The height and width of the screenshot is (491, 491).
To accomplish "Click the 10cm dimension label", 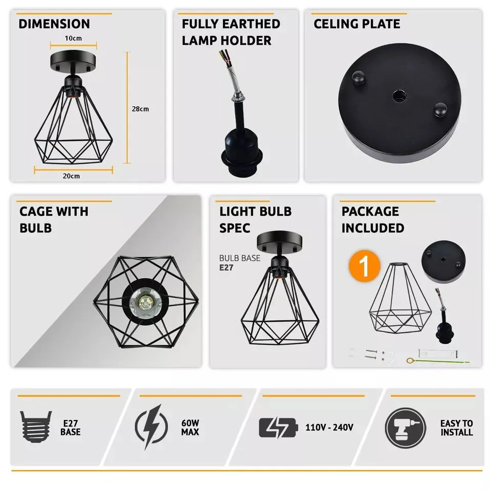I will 73,38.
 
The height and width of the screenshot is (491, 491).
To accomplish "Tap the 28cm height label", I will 140,109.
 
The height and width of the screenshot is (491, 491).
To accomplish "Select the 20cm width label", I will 71,176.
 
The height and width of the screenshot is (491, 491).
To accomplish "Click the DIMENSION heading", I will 54,24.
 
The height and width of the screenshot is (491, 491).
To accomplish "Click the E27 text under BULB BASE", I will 227,267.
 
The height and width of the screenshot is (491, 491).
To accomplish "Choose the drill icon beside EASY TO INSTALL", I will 405,427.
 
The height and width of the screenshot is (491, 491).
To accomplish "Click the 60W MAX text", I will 190,428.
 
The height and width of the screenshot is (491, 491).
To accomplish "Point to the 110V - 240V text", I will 329,427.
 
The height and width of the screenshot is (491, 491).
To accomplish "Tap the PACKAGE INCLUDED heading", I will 373,219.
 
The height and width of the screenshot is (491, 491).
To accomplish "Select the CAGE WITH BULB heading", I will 54,219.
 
